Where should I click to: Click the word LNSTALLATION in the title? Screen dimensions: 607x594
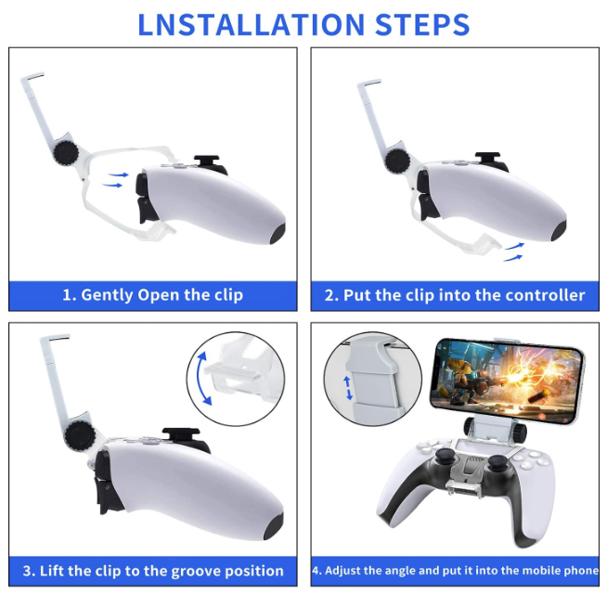click(251, 25)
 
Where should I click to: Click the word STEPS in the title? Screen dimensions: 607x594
click(422, 25)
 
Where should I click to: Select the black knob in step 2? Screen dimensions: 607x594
click(397, 161)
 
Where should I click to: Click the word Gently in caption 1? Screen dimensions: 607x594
click(107, 295)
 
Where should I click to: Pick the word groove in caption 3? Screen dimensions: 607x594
click(196, 572)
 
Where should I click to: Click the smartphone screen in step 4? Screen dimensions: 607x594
click(508, 379)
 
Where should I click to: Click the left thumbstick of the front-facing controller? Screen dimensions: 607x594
click(444, 457)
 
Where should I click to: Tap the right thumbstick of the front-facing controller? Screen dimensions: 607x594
click(497, 462)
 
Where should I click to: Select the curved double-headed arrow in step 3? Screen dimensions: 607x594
click(203, 379)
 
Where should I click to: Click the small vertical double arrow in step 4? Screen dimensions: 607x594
click(348, 388)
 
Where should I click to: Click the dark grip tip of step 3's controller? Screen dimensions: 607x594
click(273, 526)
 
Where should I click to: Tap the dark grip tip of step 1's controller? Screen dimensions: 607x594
click(278, 231)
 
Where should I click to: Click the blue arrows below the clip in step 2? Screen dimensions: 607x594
click(513, 252)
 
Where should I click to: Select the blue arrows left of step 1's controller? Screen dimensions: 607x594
click(115, 180)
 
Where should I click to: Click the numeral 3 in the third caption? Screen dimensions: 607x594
click(27, 572)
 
